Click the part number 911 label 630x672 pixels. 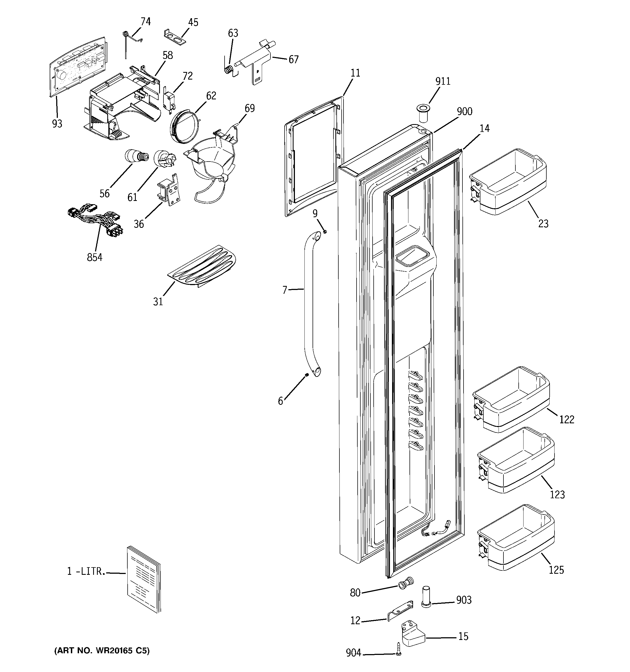point(443,81)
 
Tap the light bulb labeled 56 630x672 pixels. point(136,156)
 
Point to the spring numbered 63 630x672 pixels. point(229,70)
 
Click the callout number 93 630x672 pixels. point(57,124)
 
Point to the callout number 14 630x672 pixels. point(484,128)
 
